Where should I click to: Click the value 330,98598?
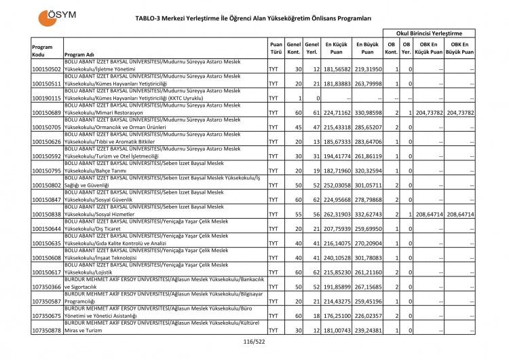367,113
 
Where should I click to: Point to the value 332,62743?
367,214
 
